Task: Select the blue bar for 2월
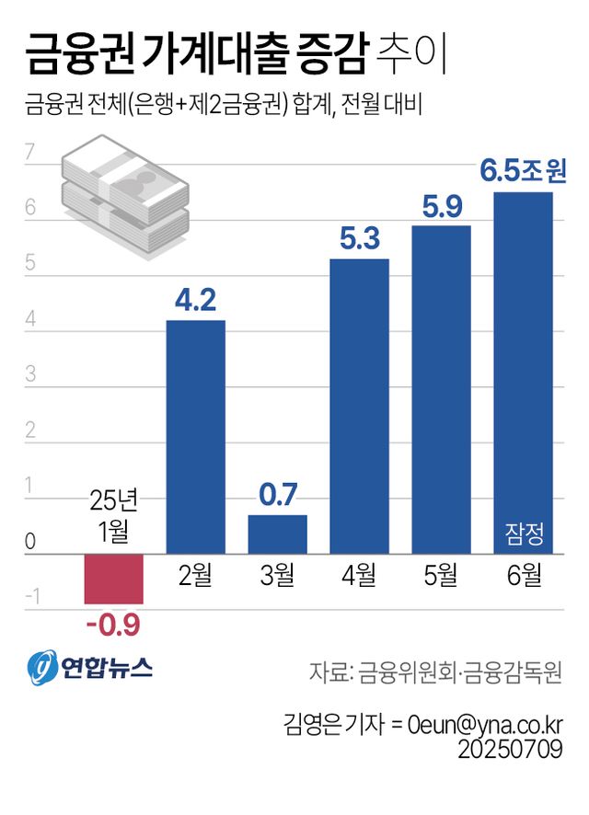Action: [x=195, y=437]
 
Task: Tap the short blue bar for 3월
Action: [x=277, y=534]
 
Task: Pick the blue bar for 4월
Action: [x=359, y=407]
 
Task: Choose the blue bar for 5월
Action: [x=441, y=390]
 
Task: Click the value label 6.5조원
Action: [x=523, y=169]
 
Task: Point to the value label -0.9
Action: [x=112, y=626]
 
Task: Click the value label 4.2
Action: [x=195, y=300]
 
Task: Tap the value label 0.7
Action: [x=277, y=494]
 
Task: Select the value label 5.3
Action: [x=359, y=239]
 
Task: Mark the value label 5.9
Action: [x=441, y=206]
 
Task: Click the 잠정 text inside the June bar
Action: [x=524, y=532]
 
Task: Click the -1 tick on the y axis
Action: [x=33, y=599]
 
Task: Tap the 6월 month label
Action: [x=523, y=577]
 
